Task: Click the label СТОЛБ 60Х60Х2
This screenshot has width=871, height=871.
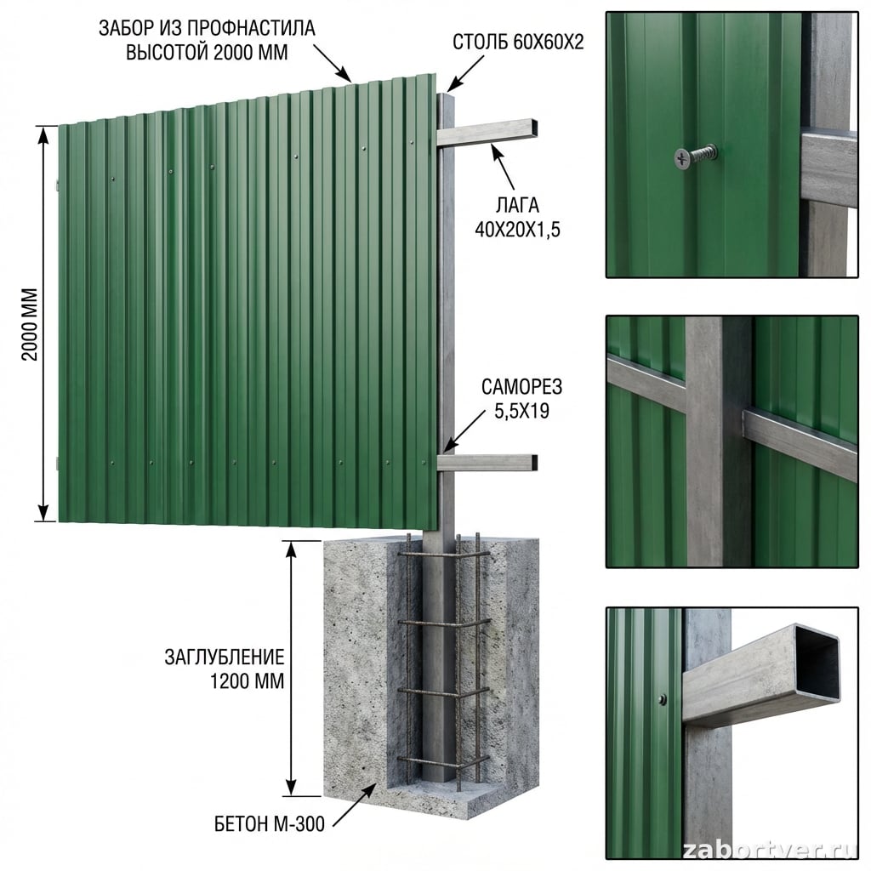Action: click(518, 43)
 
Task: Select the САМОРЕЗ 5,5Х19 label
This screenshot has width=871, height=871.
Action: click(521, 398)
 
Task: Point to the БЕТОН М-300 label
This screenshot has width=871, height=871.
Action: click(270, 823)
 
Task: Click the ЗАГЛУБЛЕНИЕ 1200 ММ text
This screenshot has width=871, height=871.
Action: click(225, 669)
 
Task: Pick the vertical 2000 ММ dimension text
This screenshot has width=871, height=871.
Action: click(30, 324)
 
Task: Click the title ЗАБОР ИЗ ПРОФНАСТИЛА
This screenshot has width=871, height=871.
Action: click(207, 28)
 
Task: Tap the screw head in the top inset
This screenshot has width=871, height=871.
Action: click(683, 158)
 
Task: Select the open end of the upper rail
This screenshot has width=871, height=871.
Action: click(533, 127)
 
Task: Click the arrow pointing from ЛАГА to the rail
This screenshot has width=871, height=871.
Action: click(503, 166)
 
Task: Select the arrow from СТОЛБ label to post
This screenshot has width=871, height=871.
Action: click(465, 73)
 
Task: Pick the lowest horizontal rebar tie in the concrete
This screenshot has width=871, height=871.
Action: click(443, 760)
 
